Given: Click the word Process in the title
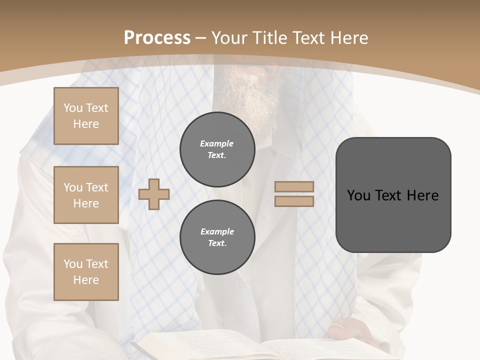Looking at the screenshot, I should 157,37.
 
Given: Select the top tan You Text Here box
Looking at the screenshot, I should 86,116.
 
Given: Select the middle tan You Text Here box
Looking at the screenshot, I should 86,195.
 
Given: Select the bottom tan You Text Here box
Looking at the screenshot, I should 86,272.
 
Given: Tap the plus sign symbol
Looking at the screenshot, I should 154,194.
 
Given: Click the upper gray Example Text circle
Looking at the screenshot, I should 217,149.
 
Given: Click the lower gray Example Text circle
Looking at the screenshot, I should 217,237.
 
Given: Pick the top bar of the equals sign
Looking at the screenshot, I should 294,186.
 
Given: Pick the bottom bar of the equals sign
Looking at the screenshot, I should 294,201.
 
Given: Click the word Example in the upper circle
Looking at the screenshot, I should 217,143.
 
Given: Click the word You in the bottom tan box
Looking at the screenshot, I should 72,264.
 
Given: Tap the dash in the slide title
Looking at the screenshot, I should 201,38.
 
